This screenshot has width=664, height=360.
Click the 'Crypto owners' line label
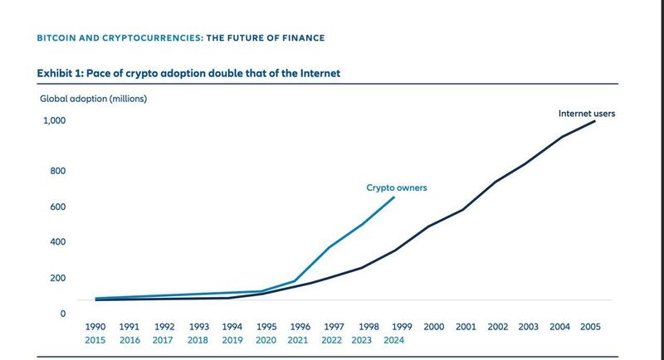coord(397,188)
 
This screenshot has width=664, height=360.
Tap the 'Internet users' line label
coord(586,113)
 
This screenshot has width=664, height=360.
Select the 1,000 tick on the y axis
coord(54,121)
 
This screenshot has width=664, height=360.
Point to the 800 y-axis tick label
coord(57,171)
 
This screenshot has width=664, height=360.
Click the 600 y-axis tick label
coord(57,207)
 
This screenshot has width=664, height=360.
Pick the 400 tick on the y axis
coord(57,242)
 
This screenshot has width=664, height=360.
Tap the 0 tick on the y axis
coord(61,314)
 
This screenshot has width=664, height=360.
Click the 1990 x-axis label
coord(95,328)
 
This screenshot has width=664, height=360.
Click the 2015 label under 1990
coord(95,340)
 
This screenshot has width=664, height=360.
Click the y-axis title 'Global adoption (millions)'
coord(93,99)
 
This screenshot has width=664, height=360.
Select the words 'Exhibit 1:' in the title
coord(59,74)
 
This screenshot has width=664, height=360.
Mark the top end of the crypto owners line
coord(393,197)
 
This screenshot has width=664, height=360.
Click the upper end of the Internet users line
coord(595,121)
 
